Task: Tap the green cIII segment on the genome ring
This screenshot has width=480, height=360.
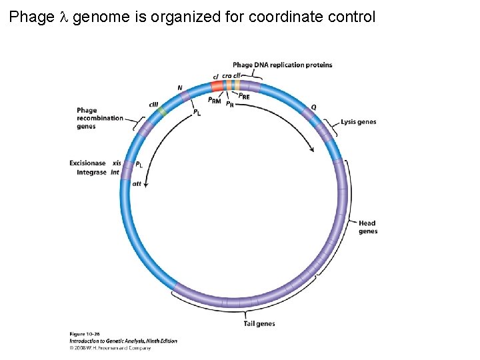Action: click(161, 111)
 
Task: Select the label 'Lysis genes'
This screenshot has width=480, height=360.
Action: click(358, 122)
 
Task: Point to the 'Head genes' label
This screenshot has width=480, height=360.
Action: click(367, 227)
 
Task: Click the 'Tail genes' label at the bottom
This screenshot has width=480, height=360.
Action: click(259, 324)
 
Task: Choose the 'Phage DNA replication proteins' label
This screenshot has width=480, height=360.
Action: click(282, 65)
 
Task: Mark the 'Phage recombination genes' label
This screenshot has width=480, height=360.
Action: click(99, 119)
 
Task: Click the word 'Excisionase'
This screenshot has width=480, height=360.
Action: click(87, 163)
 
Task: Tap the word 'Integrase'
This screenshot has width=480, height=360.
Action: click(91, 173)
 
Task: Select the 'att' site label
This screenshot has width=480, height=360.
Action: click(137, 183)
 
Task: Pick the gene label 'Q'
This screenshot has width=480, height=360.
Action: click(314, 107)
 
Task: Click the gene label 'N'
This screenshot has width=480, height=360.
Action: click(180, 88)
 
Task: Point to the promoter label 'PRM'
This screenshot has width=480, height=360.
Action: click(214, 101)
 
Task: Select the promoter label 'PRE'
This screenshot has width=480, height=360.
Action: click(244, 96)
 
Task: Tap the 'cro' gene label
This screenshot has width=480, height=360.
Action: click(227, 76)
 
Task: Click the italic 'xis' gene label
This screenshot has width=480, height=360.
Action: click(117, 163)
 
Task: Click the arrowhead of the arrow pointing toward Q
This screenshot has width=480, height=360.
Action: click(312, 151)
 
